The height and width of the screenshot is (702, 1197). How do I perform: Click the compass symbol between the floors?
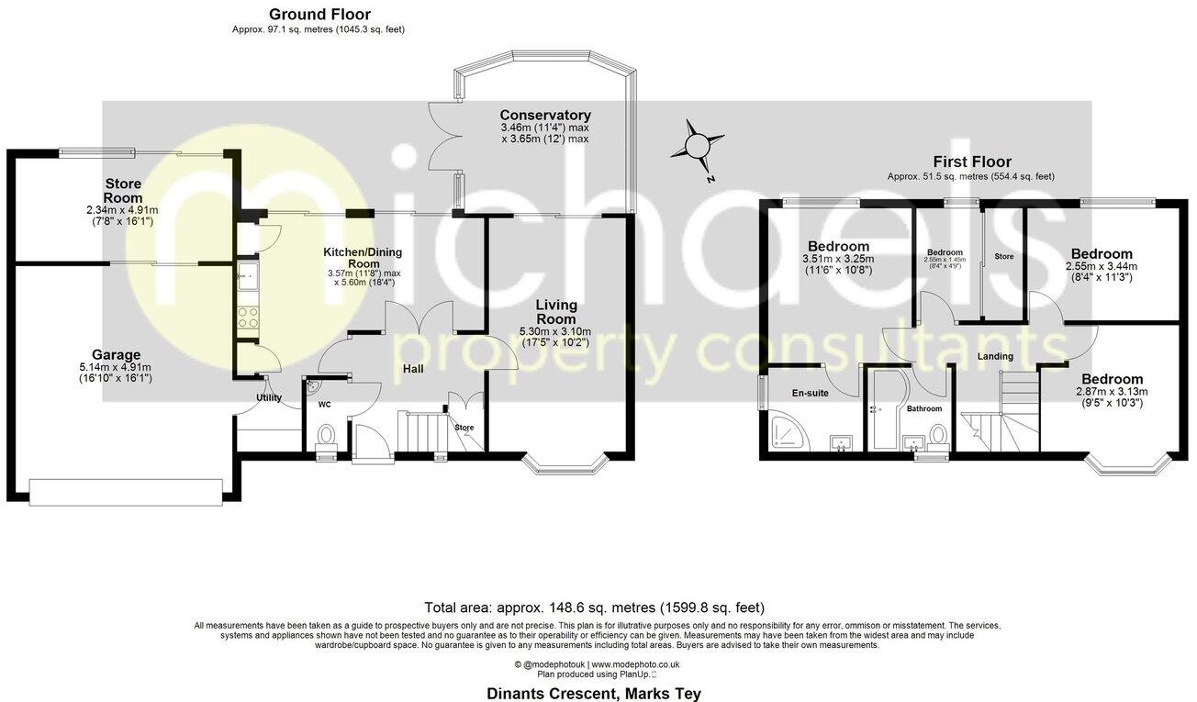pos(699,146)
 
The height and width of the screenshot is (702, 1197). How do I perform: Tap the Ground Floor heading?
pos(319,14)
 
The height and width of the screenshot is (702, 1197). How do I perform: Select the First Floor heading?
pos(971,162)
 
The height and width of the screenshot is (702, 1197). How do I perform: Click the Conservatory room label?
pos(545,115)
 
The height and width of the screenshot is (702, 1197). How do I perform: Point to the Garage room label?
pos(116,354)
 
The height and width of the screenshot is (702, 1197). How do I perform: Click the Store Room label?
pos(122,191)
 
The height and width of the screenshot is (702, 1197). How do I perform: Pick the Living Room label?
pos(556,311)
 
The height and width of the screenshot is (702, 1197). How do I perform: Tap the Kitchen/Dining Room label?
pos(363,257)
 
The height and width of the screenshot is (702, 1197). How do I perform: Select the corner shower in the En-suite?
pos(789,431)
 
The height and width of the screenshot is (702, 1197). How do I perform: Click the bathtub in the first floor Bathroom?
pos(886,411)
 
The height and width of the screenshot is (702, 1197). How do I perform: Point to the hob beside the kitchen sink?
pos(249,318)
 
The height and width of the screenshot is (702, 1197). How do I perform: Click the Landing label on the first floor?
pos(995,356)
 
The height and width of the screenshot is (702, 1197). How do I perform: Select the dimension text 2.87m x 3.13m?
pos(1112,392)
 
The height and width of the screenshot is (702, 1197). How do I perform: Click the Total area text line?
pos(594,607)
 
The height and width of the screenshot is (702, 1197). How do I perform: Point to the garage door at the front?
pos(125,490)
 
